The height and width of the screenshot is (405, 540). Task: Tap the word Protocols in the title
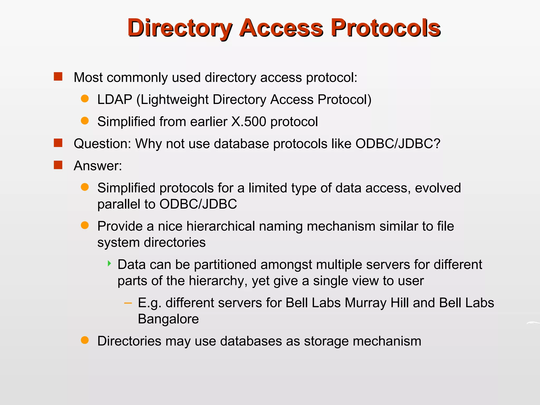click(386, 28)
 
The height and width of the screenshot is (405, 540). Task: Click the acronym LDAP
click(115, 100)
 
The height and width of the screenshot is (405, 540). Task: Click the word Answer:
click(98, 166)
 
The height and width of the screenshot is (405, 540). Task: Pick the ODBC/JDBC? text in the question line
click(398, 144)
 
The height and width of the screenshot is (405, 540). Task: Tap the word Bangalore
click(168, 319)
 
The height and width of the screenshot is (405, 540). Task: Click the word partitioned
click(225, 264)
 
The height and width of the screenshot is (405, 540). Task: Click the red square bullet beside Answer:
click(58, 165)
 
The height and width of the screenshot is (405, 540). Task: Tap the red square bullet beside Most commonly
click(58, 77)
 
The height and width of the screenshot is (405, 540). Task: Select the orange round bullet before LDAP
click(85, 99)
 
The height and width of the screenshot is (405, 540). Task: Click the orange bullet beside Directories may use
click(85, 340)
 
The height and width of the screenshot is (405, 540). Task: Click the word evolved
click(438, 188)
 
